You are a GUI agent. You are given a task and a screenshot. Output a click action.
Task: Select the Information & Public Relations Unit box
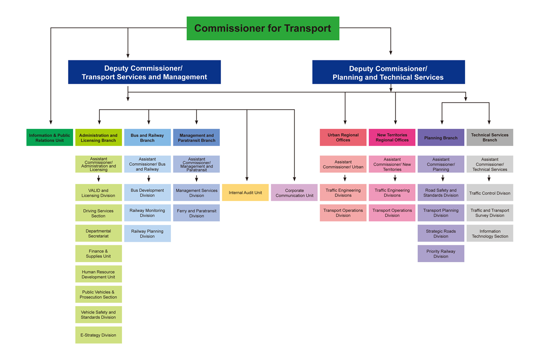pyautogui.click(x=50, y=138)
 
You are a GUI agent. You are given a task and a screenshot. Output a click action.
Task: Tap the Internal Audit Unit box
pyautogui.click(x=245, y=193)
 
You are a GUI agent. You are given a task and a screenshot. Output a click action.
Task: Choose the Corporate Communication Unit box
pyautogui.click(x=294, y=193)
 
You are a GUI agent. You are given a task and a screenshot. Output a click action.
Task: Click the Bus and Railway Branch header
pyautogui.click(x=147, y=138)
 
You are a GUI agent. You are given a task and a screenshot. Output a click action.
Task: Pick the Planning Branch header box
pyautogui.click(x=441, y=138)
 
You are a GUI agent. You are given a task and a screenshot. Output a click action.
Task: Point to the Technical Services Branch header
pyautogui.click(x=490, y=138)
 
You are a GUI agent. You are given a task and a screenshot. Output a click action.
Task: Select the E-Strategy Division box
pyautogui.click(x=99, y=335)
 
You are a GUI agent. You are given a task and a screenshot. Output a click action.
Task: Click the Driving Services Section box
pyautogui.click(x=99, y=213)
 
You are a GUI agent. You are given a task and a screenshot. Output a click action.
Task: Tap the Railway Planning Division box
pyautogui.click(x=147, y=233)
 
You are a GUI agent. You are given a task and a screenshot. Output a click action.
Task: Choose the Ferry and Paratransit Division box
pyautogui.click(x=196, y=213)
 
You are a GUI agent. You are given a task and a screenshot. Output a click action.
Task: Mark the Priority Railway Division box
pyautogui.click(x=441, y=254)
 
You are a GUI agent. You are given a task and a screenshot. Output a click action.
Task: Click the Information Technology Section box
pyautogui.click(x=490, y=233)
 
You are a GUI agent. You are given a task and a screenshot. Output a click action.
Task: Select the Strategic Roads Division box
pyautogui.click(x=441, y=233)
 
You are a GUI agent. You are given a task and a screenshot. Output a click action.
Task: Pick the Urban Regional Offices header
pyautogui.click(x=343, y=138)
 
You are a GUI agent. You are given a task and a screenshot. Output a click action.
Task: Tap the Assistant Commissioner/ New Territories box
pyautogui.click(x=392, y=164)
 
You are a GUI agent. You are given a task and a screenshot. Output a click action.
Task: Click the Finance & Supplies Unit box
pyautogui.click(x=99, y=254)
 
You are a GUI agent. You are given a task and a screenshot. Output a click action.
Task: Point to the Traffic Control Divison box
pyautogui.click(x=490, y=193)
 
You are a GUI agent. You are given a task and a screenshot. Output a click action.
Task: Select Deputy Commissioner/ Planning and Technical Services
pyautogui.click(x=388, y=72)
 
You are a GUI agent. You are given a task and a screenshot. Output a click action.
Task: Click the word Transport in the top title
pyautogui.click(x=308, y=28)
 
